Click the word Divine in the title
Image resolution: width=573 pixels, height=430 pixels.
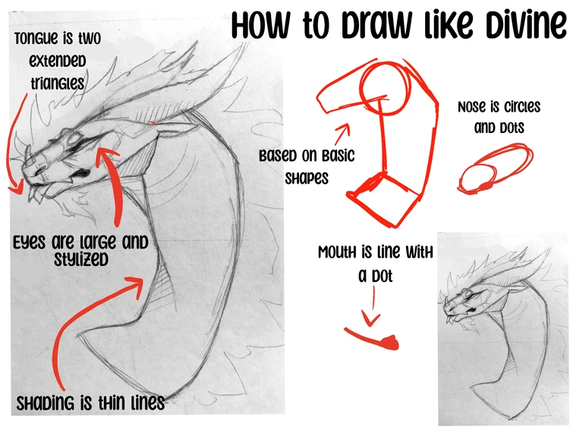click(x=526, y=25)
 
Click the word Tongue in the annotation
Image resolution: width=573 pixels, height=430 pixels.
click(x=36, y=39)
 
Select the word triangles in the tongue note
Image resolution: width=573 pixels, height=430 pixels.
click(x=58, y=83)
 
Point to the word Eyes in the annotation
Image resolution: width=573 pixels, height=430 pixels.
click(x=30, y=242)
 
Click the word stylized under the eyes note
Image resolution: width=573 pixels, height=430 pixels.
click(x=81, y=259)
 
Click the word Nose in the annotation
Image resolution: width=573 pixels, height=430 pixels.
click(x=473, y=107)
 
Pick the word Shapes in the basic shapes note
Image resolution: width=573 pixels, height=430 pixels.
click(x=307, y=179)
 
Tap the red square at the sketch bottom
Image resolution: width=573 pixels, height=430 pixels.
click(x=384, y=200)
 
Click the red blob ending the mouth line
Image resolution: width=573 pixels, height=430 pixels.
click(x=390, y=343)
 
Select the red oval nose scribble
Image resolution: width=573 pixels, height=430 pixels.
click(x=495, y=168)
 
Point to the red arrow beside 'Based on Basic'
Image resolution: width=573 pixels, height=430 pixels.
click(x=342, y=134)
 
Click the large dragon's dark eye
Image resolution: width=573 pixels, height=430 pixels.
click(x=81, y=172)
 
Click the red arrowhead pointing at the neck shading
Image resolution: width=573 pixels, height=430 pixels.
click(x=136, y=286)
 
